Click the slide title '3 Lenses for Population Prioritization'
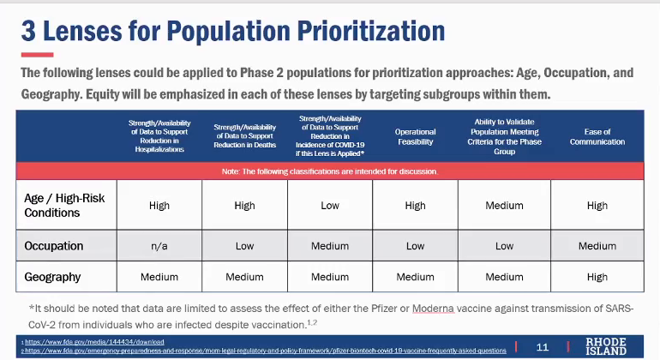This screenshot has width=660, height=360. tap(233, 33)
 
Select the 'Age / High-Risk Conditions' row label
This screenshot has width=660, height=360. tap(65, 206)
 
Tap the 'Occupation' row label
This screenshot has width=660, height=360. tap(54, 246)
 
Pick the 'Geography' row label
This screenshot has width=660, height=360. tap(53, 277)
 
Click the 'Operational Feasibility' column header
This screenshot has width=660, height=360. tap(415, 137)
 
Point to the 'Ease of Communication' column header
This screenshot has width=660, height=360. tap(597, 137)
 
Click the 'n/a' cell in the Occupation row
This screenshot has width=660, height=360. tap(159, 246)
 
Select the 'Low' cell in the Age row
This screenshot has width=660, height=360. tap(329, 206)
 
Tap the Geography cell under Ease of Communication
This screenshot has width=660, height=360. tap(597, 277)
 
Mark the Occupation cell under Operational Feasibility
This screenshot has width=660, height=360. tap(415, 246)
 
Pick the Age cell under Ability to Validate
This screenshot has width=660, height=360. tap(504, 206)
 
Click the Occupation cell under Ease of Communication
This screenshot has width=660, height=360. tap(597, 246)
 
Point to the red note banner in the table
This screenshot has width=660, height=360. tap(330, 171)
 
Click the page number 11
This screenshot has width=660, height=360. tap(543, 347)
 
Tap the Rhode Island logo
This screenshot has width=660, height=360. tap(605, 346)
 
